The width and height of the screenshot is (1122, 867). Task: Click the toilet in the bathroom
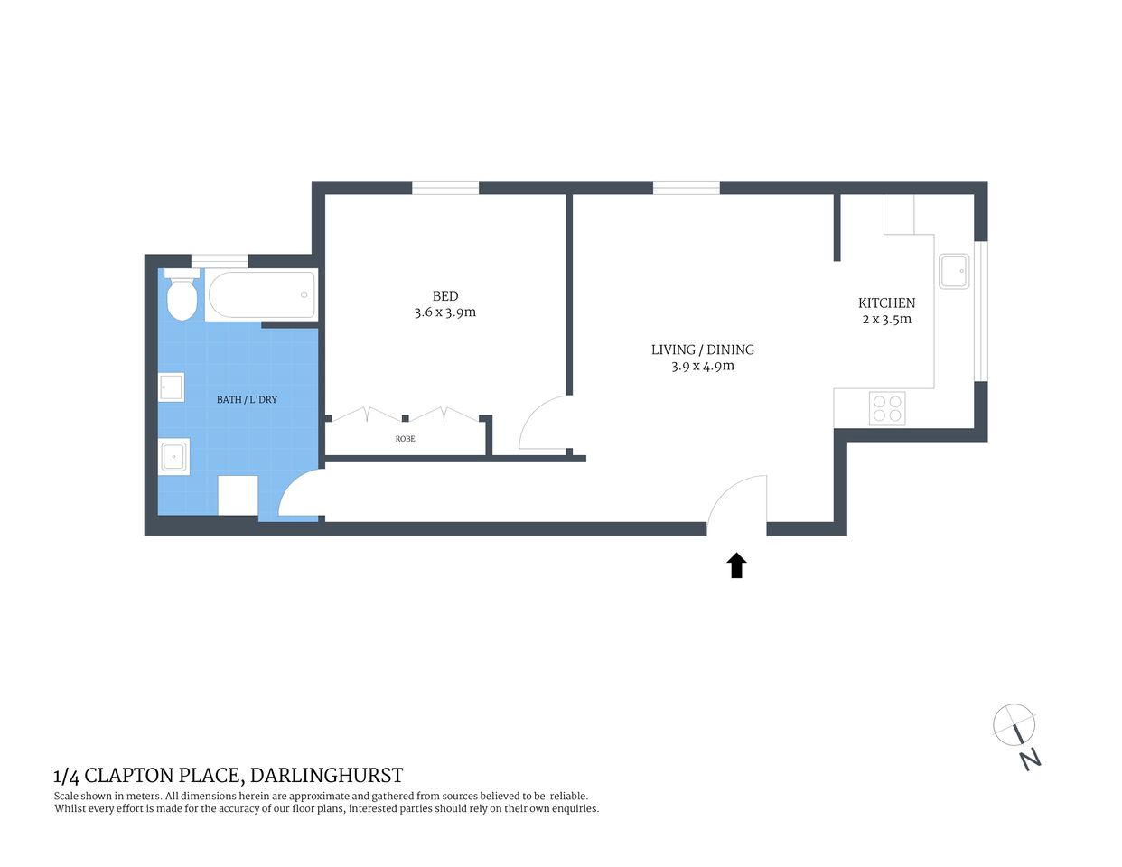click(x=182, y=297)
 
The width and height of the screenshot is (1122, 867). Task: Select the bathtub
click(x=261, y=294)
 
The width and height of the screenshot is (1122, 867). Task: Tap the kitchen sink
click(x=954, y=271)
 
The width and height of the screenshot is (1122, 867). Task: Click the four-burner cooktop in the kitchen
click(x=887, y=408)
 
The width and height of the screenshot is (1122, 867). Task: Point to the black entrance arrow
click(x=736, y=565)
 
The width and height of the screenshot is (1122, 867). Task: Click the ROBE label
click(x=405, y=439)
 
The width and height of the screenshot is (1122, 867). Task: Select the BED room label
click(x=445, y=296)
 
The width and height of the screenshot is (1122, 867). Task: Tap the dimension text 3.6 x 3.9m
click(x=445, y=312)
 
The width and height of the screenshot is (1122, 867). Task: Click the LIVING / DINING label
click(x=702, y=350)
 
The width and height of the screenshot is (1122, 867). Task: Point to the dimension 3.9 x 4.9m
click(x=702, y=366)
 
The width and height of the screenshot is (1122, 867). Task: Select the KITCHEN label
click(x=886, y=303)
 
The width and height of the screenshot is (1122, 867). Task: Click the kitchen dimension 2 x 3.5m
click(x=886, y=320)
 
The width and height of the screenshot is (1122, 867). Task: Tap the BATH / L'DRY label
click(x=247, y=399)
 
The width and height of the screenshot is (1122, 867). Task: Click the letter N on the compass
click(x=1030, y=759)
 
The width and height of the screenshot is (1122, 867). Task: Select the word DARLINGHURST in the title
click(x=326, y=775)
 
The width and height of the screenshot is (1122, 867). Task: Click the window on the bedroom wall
click(x=445, y=188)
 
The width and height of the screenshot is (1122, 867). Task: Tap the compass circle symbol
click(x=1013, y=724)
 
